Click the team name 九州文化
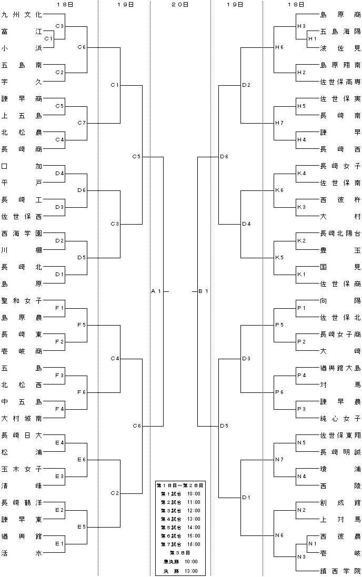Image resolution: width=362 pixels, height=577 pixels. tap(22, 15)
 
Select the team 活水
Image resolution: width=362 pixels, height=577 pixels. tap(22, 553)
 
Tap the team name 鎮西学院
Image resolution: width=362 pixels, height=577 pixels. tap(340, 570)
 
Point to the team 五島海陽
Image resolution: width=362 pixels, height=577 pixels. tap(340, 32)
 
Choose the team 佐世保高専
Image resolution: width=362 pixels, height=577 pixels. tap(340, 82)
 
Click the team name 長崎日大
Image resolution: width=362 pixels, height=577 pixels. tap(22, 436)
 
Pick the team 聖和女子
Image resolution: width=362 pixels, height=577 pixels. tap(22, 301)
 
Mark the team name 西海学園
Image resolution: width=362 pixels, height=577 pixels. tap(22, 234)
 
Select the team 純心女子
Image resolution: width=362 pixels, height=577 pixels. tap(340, 418)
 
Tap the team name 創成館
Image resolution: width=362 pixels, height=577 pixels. tap(340, 503)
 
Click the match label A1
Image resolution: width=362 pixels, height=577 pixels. tap(156, 291)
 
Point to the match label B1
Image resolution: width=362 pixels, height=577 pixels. tap(204, 291)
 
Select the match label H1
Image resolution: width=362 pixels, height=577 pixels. tap(313, 38)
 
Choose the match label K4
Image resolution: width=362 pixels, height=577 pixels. tap(301, 174)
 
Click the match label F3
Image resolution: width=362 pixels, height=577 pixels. tap(59, 376)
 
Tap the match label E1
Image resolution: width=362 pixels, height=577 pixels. tap(59, 543)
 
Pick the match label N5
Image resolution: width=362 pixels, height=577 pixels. tap(301, 443)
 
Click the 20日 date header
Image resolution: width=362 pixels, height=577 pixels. tap(180, 4)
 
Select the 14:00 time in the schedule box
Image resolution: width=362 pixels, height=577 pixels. tap(194, 528)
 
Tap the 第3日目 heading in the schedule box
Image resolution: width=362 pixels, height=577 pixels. tap(180, 553)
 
